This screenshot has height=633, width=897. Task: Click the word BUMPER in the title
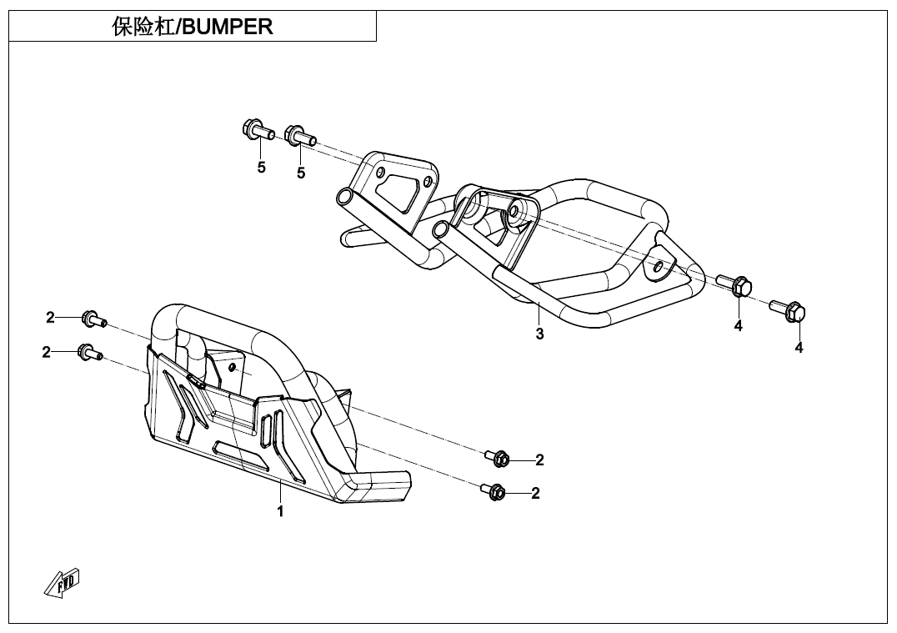228,27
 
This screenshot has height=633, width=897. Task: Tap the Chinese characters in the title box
143,27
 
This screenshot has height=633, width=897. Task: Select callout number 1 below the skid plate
281,511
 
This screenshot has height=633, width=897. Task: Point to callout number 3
540,334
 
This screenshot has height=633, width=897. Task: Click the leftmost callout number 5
262,168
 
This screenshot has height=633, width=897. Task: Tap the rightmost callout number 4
799,348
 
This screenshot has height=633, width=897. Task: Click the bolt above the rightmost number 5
299,136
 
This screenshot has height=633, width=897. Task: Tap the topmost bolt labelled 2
93,319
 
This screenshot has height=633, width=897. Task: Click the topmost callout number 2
50,318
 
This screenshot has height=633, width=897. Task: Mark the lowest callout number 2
535,493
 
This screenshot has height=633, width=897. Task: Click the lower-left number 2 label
47,352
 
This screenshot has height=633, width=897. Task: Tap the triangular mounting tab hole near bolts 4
658,265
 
